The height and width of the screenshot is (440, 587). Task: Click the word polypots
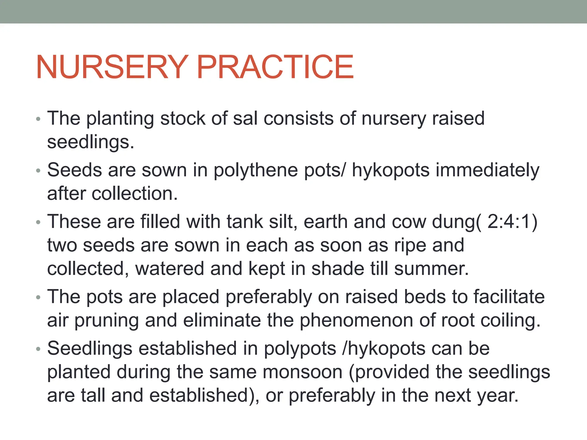[300, 349]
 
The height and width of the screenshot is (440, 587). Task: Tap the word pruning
[107, 321]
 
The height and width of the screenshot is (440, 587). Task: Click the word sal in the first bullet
[245, 118]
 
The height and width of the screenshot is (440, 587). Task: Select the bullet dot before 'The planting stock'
[38, 119]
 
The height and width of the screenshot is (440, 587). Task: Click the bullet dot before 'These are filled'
[38, 222]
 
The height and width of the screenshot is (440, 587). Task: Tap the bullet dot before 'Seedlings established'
[38, 349]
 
